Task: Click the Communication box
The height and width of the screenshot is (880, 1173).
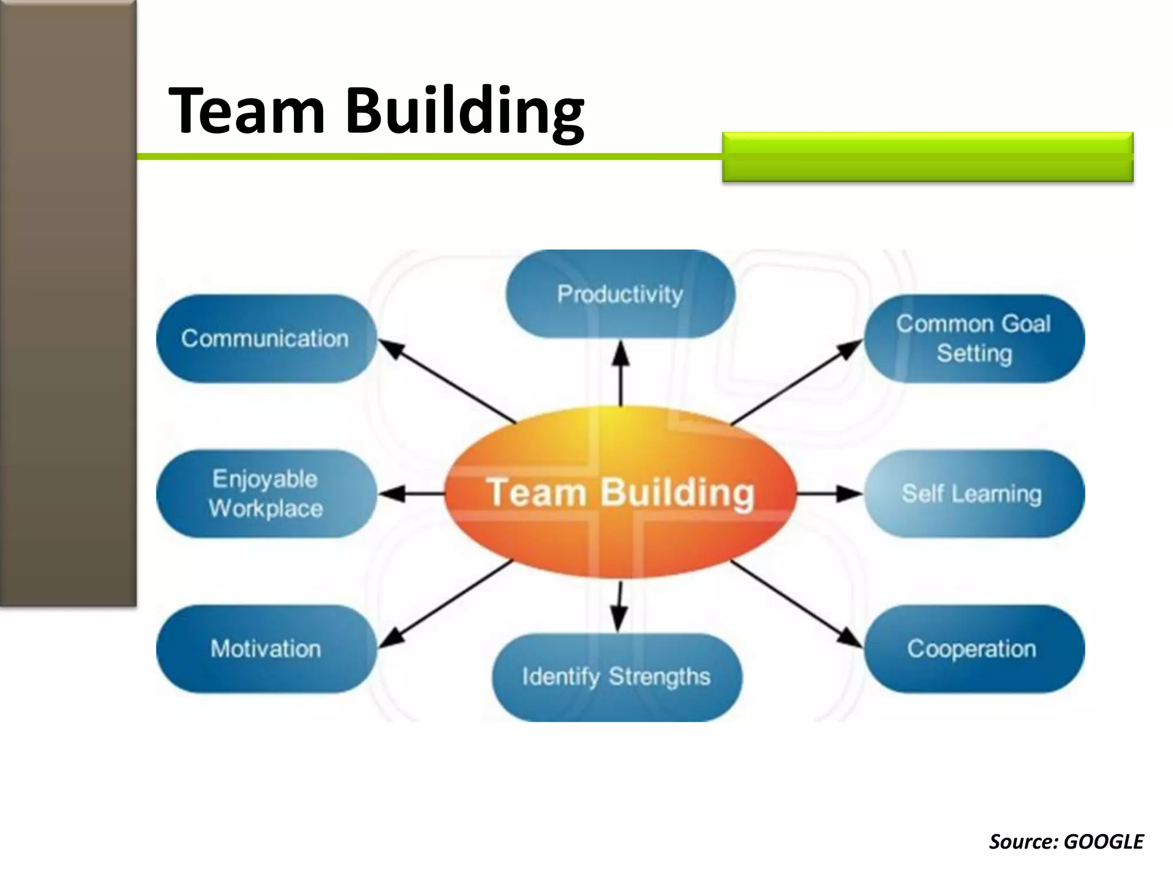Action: pyautogui.click(x=266, y=339)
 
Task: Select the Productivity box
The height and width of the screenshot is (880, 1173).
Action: pyautogui.click(x=620, y=294)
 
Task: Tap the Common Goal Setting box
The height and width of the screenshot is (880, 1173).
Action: pyautogui.click(x=974, y=339)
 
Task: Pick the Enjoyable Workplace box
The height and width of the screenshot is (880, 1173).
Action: pyautogui.click(x=266, y=494)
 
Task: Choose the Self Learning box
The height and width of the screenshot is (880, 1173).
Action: pyautogui.click(x=974, y=494)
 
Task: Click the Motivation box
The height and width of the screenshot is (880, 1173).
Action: pyautogui.click(x=266, y=649)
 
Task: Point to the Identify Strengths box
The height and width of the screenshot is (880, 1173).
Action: pyautogui.click(x=617, y=677)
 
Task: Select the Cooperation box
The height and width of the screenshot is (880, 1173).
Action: pyautogui.click(x=974, y=649)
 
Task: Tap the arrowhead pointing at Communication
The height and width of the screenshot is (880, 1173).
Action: pyautogui.click(x=390, y=347)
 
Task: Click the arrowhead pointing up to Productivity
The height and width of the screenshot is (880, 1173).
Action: pyautogui.click(x=621, y=352)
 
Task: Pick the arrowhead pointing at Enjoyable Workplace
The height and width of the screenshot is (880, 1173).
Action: pyautogui.click(x=391, y=494)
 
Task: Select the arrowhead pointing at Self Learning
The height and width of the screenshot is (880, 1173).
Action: pyautogui.click(x=851, y=494)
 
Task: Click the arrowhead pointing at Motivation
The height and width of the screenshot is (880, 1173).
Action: pyautogui.click(x=391, y=640)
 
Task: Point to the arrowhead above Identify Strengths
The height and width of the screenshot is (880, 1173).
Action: pyautogui.click(x=618, y=620)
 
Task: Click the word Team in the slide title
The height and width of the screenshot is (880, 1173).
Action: pyautogui.click(x=246, y=110)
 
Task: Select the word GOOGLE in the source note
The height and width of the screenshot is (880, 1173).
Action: pyautogui.click(x=1103, y=842)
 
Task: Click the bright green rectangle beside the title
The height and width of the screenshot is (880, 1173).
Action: pyautogui.click(x=927, y=157)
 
